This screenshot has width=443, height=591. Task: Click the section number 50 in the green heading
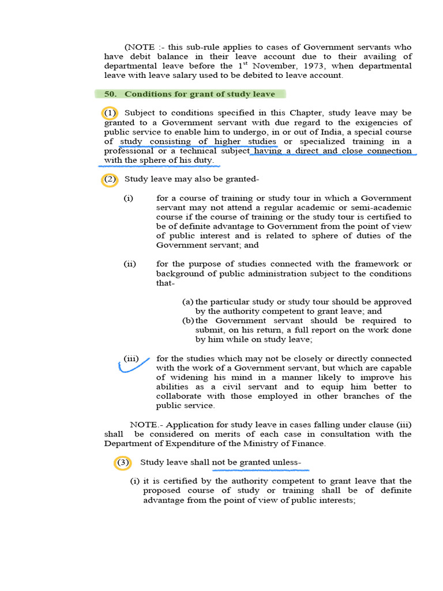point(110,94)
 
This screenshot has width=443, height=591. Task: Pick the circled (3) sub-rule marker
point(123,462)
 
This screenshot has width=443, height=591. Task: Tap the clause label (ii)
point(130,264)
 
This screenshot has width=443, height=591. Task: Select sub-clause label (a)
point(187,302)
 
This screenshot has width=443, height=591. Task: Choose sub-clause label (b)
point(188,320)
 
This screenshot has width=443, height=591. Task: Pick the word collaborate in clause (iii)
point(179,396)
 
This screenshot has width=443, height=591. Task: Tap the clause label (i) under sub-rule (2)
point(128,198)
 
